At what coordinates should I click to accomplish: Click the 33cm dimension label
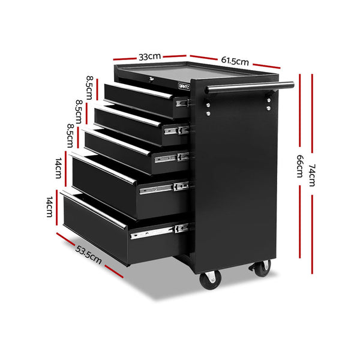[x=149, y=56]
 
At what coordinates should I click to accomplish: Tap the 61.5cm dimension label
[x=235, y=61]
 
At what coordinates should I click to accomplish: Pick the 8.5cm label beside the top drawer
[x=89, y=88]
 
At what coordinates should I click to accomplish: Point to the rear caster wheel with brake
[x=262, y=268]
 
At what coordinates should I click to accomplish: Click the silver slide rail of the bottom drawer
[x=160, y=231]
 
